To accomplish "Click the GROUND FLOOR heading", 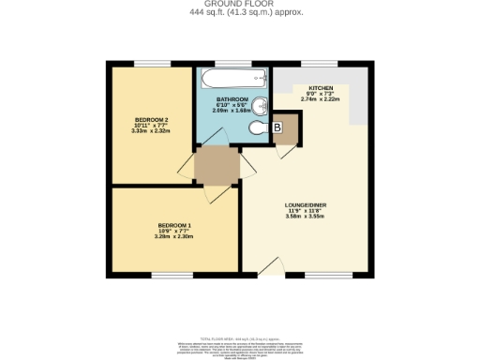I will [x=239, y=4].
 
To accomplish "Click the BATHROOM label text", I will [x=232, y=98].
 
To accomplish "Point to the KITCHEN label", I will [x=322, y=87].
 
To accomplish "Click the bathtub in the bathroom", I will [x=232, y=78].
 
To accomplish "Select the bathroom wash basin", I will [x=263, y=104].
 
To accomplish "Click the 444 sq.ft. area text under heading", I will [x=239, y=12].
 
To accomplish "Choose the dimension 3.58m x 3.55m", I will [x=307, y=217].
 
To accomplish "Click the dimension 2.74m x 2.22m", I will [x=322, y=100].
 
